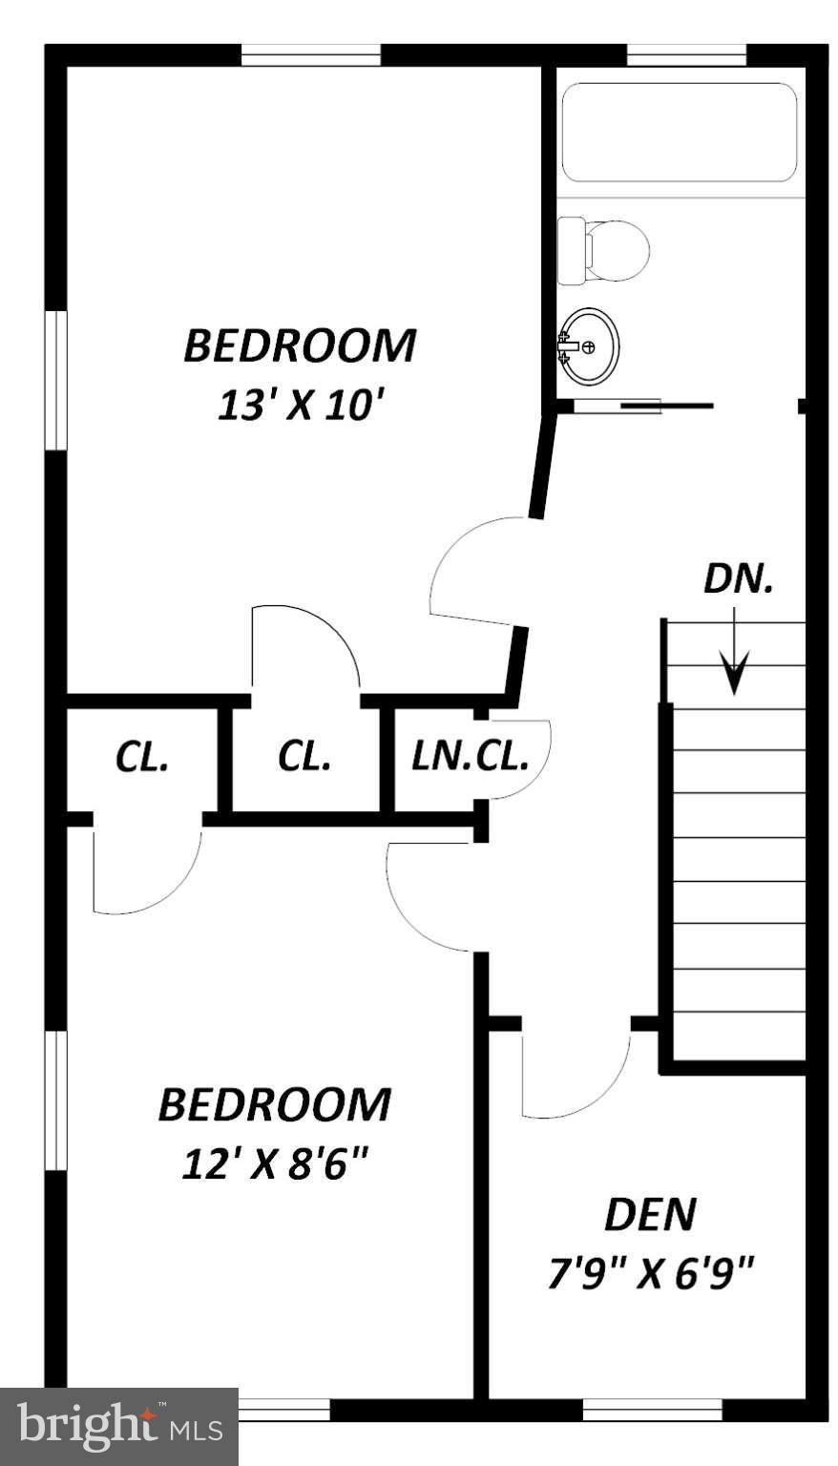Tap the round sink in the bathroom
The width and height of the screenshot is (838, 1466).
point(590,346)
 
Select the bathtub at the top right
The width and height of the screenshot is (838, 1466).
point(679,133)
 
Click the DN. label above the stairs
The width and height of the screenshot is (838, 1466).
point(738,579)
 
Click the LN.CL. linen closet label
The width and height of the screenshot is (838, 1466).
point(470,758)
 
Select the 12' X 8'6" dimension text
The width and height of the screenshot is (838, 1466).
point(274,1163)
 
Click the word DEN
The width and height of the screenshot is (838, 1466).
point(650,1214)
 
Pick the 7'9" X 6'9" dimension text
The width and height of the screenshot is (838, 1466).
point(651,1272)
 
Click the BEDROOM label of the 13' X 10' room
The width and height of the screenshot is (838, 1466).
point(300,346)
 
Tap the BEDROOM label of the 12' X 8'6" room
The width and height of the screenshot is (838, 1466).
point(274,1104)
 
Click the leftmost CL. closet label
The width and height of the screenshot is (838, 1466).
point(142,758)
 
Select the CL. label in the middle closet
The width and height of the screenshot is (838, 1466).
point(304,758)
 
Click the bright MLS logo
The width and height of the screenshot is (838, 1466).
point(118,1426)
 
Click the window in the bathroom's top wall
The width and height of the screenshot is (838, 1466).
point(685,56)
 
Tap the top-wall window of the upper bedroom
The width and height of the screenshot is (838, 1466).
point(310,56)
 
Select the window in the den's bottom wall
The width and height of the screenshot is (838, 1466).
point(652,1409)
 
